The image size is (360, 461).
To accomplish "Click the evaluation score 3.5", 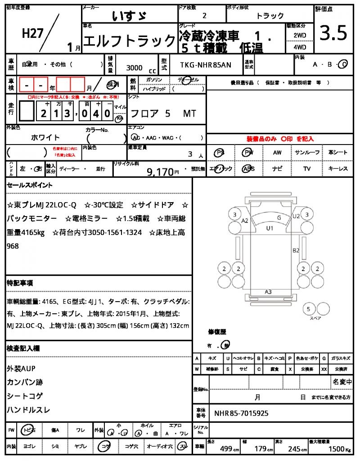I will point(333,33).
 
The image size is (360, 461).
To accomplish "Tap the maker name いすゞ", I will point(129,16).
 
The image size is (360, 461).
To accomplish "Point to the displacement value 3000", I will point(135,68).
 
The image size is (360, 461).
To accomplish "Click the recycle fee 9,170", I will point(160,172).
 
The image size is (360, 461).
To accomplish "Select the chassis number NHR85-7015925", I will point(242,413).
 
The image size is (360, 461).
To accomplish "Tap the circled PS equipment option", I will point(220,153).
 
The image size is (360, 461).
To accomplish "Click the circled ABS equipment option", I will point(248,169).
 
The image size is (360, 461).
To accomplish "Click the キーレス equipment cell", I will point(338,169).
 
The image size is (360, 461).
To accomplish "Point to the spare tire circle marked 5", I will point(308,309).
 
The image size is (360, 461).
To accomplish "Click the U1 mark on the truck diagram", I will point(270,228).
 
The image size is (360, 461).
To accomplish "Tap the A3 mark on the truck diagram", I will point(268,292).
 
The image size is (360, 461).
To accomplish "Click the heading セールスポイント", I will point(29,185).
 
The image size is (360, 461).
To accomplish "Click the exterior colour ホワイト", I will point(45,137).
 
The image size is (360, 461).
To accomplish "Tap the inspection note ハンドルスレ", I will point(28,410).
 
